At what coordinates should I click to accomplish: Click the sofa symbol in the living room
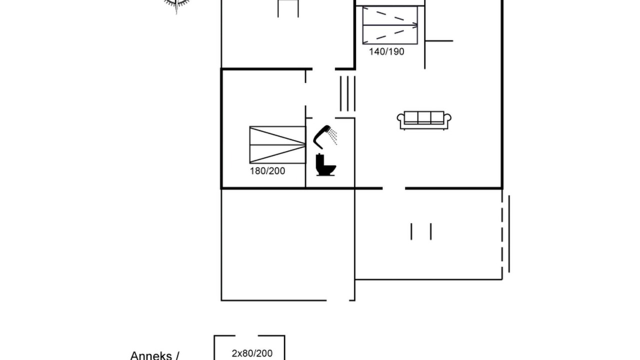tap(424, 120)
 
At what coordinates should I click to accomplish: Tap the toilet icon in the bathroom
tap(325, 164)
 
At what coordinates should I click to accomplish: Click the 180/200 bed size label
tap(267, 171)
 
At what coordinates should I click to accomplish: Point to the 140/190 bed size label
tap(386, 51)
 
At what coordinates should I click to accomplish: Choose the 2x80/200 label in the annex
tap(252, 353)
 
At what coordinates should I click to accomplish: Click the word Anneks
tap(151, 355)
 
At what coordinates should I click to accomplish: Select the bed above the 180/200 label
tap(277, 145)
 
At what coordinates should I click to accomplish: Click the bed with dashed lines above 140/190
tap(390, 25)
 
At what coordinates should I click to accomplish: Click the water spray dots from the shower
tap(333, 136)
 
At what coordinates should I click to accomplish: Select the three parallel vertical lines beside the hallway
tap(347, 93)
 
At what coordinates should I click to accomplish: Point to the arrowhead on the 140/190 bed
tap(415, 25)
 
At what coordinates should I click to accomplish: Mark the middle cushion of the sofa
tap(424, 117)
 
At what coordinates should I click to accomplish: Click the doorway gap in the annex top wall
tap(246, 335)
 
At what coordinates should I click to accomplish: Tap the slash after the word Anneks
tap(177, 356)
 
